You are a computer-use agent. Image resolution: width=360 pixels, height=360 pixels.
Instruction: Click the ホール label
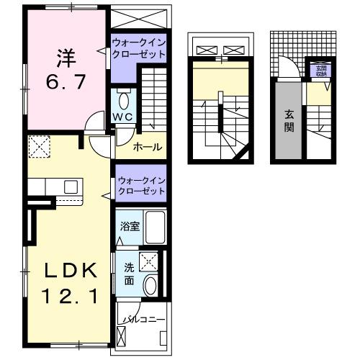(148, 148)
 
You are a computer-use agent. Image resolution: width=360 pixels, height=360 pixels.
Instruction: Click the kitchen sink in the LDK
(71, 186)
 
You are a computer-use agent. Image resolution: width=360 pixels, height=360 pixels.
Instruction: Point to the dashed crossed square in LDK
(37, 149)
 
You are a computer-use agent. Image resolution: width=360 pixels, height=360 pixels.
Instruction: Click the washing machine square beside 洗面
(149, 261)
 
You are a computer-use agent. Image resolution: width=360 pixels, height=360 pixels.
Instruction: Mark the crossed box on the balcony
(120, 336)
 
